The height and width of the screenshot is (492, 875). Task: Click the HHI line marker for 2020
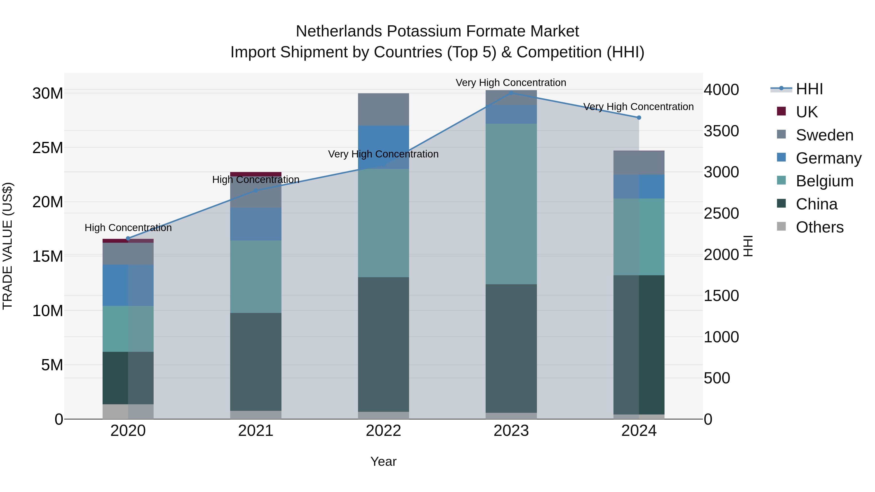(128, 238)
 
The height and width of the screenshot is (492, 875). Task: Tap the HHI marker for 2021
(256, 190)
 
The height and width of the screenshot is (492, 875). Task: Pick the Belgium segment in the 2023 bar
(511, 204)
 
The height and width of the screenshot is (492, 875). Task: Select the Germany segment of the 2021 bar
(256, 224)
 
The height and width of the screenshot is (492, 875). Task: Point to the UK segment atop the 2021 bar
(256, 174)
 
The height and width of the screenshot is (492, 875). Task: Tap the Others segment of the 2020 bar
(128, 412)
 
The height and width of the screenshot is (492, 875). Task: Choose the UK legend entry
(806, 112)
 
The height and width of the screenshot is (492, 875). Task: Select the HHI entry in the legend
(809, 89)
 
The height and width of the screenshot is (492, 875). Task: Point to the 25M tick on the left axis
(48, 148)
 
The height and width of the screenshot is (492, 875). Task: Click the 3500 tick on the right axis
(721, 131)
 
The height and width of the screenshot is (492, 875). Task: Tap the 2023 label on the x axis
(511, 431)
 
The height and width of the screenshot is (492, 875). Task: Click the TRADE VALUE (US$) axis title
(8, 246)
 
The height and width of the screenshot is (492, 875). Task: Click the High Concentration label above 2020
(128, 227)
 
